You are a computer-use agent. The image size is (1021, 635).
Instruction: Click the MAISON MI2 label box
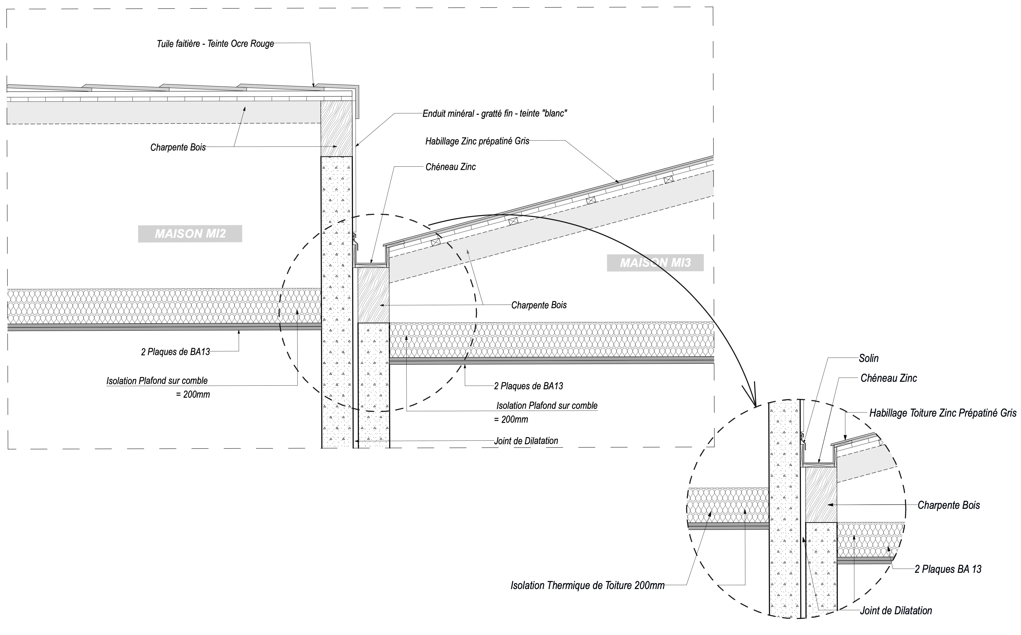(x=190, y=233)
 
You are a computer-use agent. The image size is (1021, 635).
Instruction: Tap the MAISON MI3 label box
(x=655, y=263)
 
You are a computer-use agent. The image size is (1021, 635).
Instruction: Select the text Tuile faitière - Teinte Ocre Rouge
(x=215, y=44)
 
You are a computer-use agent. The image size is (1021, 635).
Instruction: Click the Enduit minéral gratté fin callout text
(x=495, y=114)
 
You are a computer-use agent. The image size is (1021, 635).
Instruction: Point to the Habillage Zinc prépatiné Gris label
(x=477, y=141)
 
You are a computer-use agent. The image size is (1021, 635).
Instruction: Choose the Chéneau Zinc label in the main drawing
(x=450, y=167)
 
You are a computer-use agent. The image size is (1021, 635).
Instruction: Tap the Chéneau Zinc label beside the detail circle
(x=889, y=378)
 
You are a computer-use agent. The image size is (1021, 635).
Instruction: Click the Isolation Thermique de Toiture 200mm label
(x=588, y=585)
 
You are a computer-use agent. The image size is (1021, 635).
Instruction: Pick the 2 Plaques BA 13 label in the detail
(x=948, y=569)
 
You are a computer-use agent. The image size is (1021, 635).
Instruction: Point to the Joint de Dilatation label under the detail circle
(x=896, y=611)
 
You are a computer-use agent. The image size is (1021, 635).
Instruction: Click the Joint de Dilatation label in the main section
(x=526, y=441)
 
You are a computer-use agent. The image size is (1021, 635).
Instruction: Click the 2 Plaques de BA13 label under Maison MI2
(x=175, y=351)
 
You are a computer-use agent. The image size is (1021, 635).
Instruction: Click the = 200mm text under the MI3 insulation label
(x=511, y=419)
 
